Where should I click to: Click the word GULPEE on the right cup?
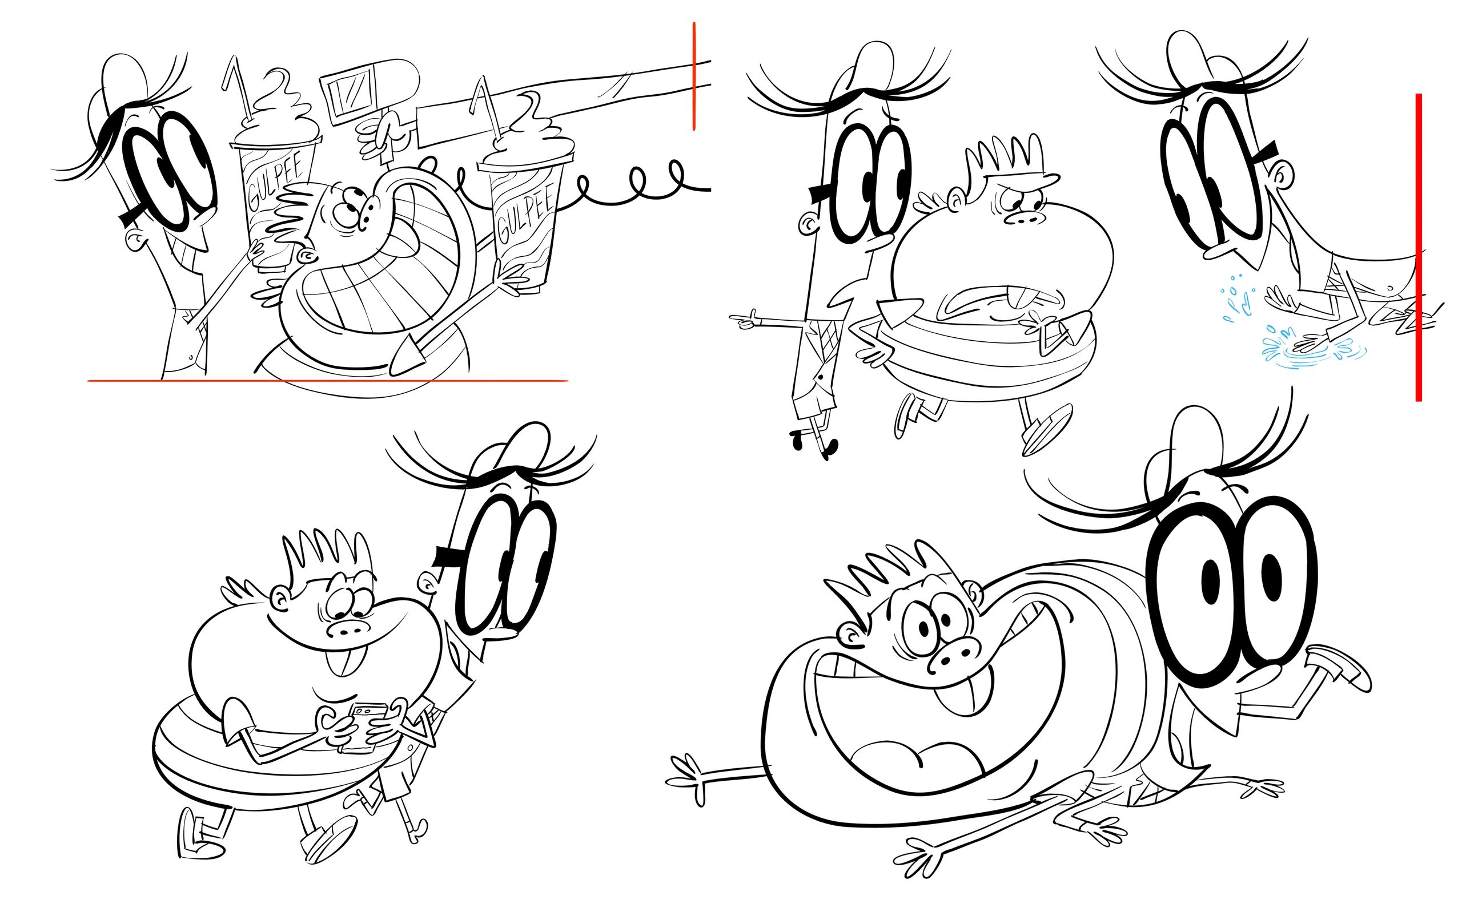tap(524, 212)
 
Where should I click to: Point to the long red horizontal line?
tap(328, 380)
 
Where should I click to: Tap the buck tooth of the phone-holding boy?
tap(339, 661)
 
